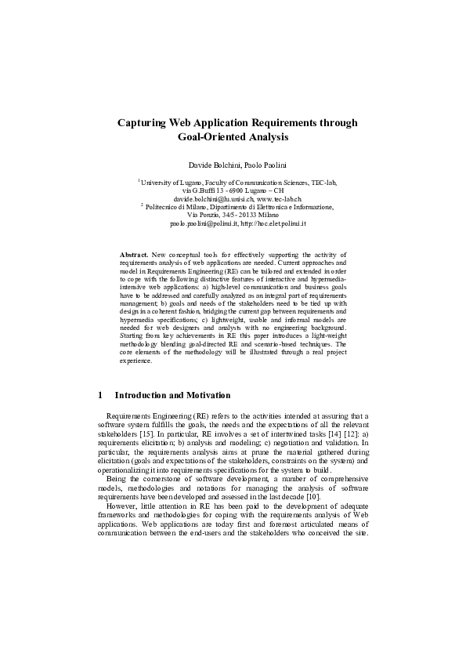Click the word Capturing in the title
point(145,123)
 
